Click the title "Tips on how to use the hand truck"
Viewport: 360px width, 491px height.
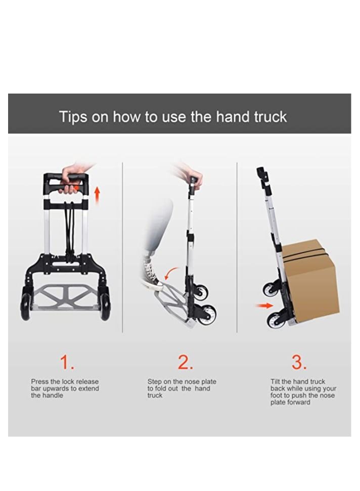[x=173, y=117]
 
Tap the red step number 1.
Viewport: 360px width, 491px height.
[x=67, y=362]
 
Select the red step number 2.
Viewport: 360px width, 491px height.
[x=185, y=362]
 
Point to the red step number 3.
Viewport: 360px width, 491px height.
[x=299, y=362]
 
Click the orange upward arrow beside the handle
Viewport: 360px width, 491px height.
[x=97, y=195]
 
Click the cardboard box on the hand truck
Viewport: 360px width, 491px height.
[x=309, y=283]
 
